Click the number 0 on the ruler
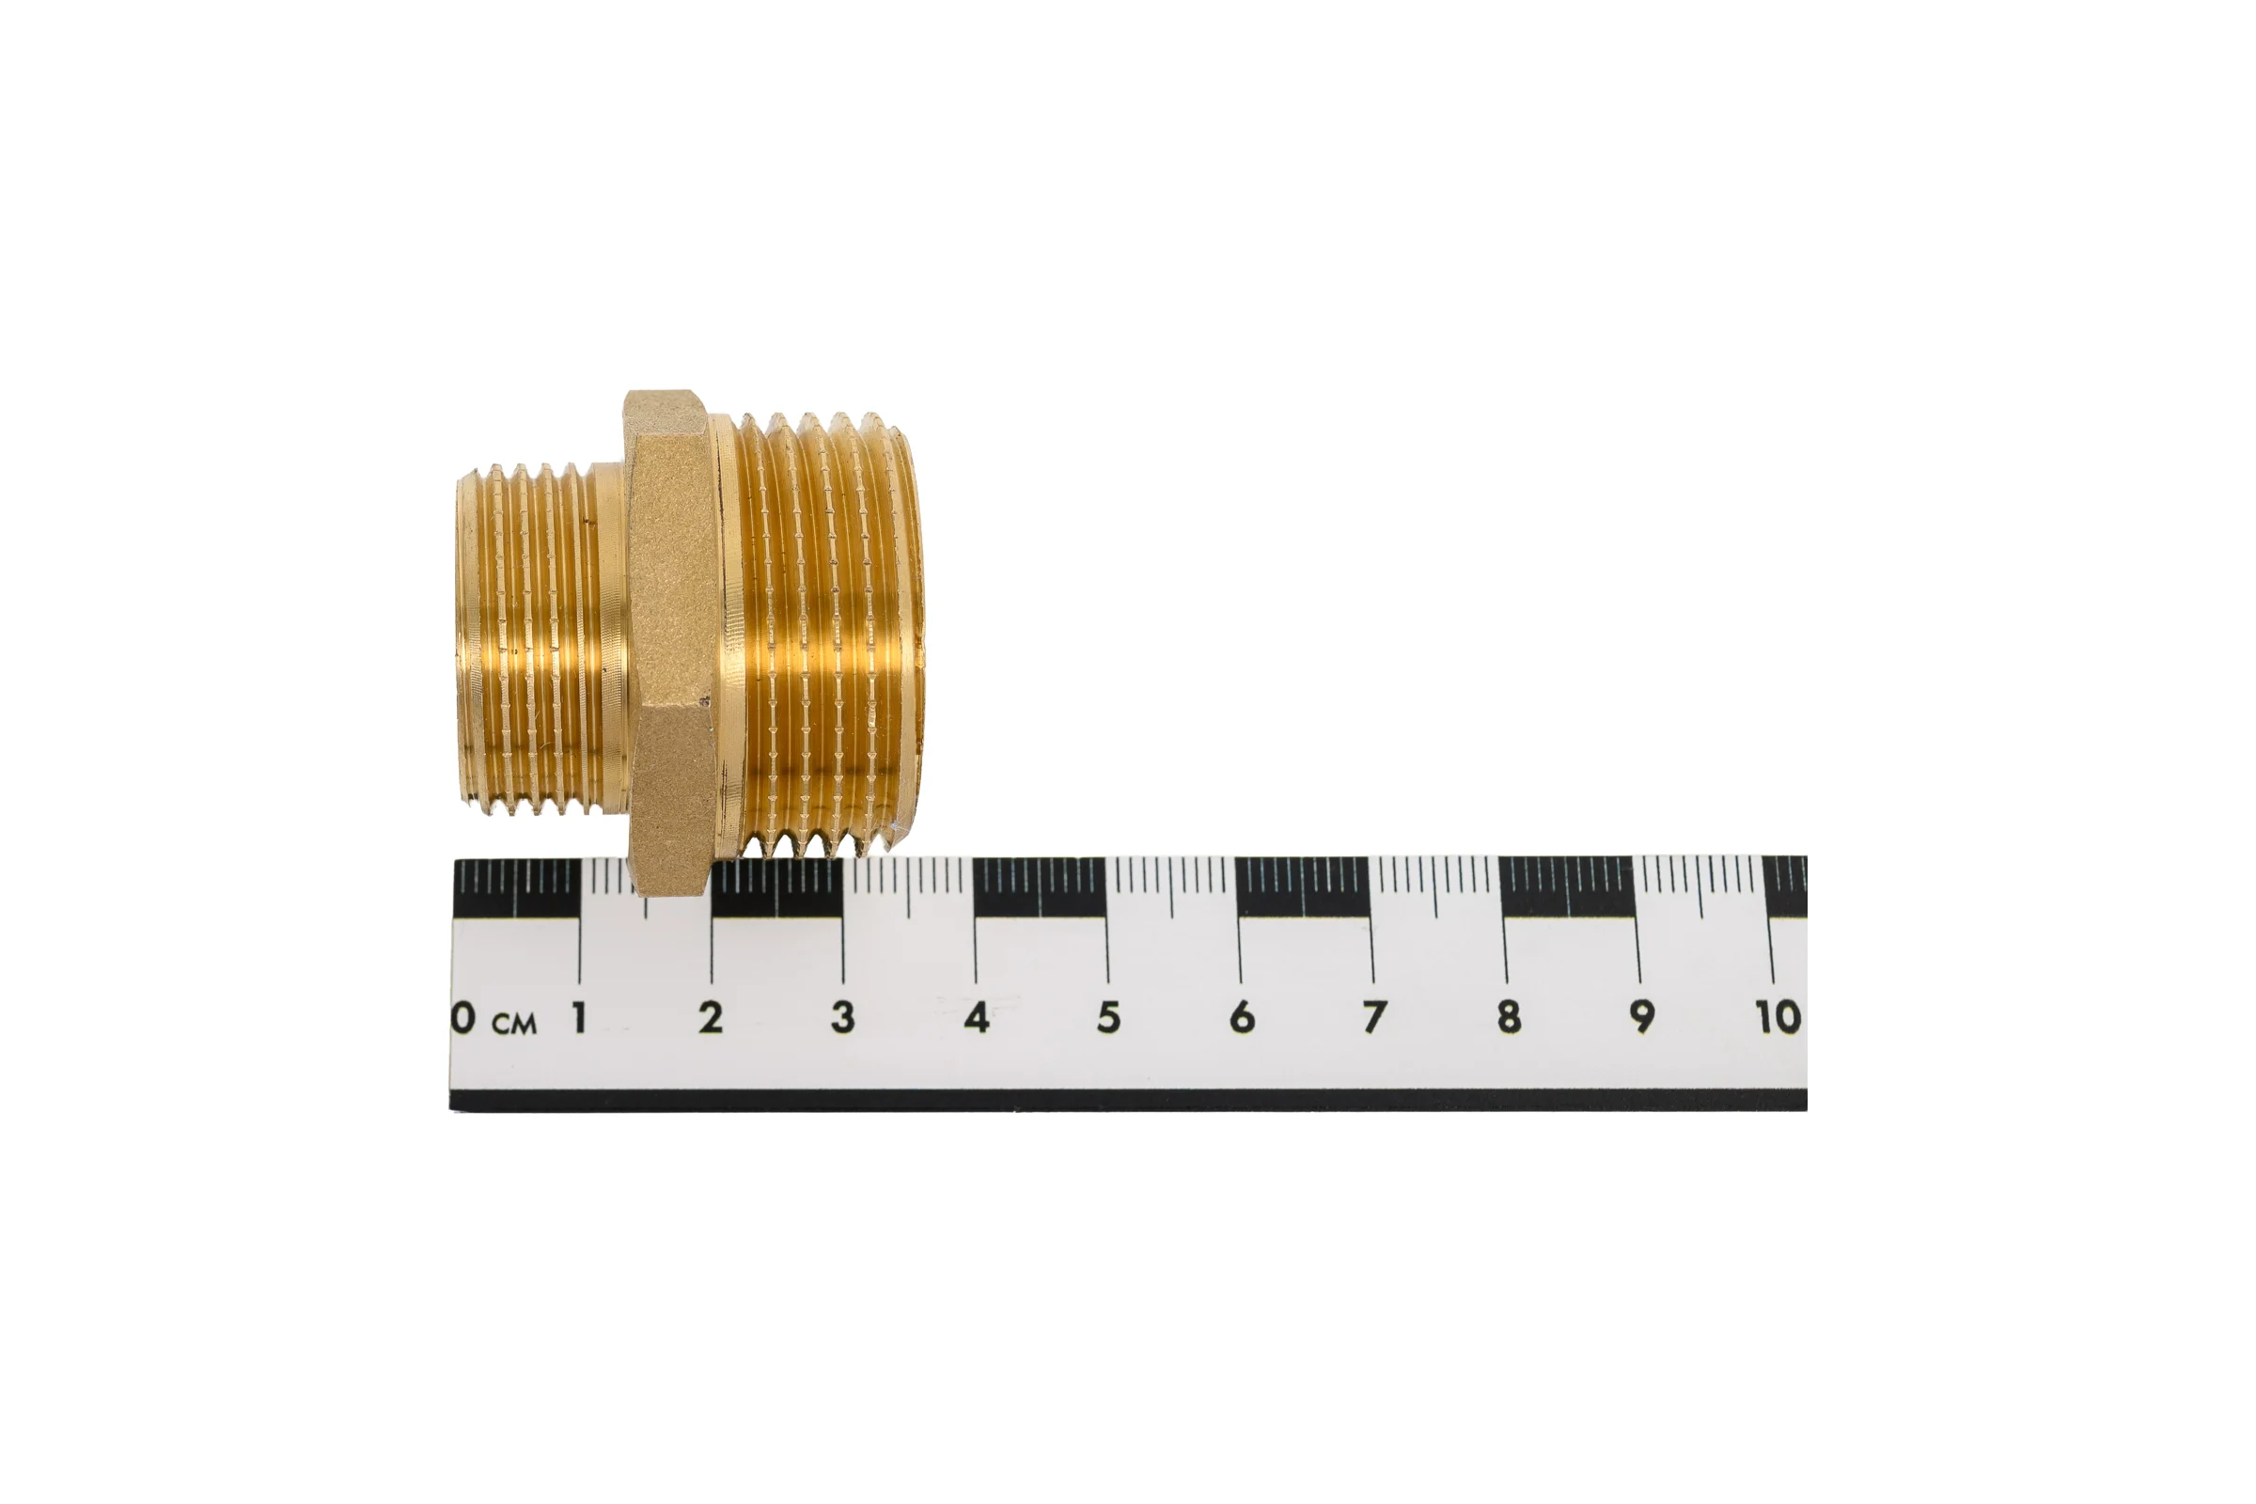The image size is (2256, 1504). coord(464,1019)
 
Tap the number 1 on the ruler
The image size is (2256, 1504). coord(579,1018)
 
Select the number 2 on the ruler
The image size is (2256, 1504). coord(711,1018)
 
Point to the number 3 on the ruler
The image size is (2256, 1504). coord(843,1018)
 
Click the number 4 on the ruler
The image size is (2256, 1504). coord(977,1018)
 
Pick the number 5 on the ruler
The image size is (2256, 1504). coord(1109,1018)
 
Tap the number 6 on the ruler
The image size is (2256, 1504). coord(1242,1018)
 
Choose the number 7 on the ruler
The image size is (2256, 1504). coord(1374,1018)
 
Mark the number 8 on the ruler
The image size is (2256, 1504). coord(1509,1018)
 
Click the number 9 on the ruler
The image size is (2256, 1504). coord(1642,1018)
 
